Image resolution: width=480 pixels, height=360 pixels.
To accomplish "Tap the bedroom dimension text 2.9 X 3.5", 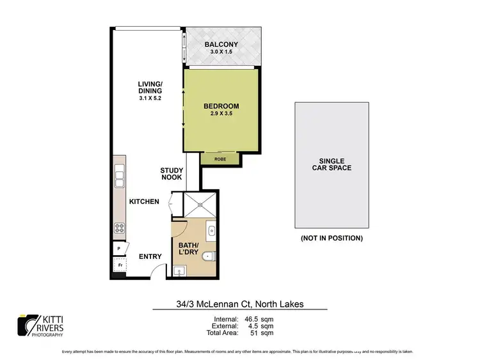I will coord(221,114).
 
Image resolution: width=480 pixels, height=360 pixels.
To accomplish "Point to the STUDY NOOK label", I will coord(172,173).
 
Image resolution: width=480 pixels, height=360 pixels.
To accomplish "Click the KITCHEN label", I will coord(144,201).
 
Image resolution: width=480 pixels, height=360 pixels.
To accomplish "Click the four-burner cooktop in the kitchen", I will coord(119,227).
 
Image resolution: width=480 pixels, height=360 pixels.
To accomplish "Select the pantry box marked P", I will coord(119,249).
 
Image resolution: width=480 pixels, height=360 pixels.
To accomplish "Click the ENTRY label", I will coord(150,256).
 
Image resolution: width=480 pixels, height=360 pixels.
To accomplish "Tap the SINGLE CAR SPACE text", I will coord(331,164).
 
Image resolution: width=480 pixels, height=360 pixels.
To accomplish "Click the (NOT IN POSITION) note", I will coord(331,238).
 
